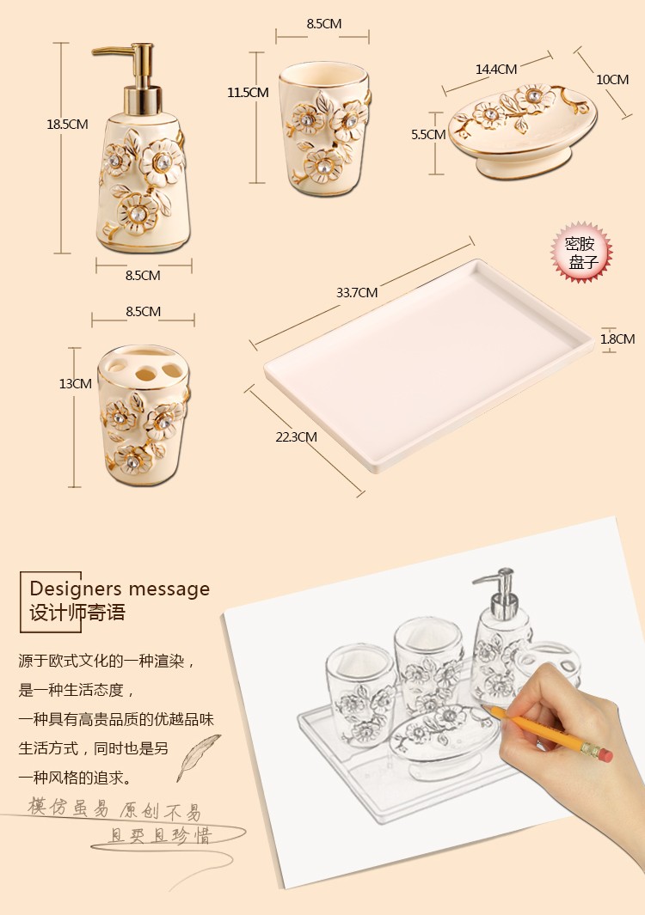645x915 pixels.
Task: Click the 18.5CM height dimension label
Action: (67, 125)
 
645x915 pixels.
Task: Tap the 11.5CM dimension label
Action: (248, 92)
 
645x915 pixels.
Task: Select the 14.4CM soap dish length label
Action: (496, 70)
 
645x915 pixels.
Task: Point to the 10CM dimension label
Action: (612, 79)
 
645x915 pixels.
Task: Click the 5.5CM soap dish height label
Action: (428, 134)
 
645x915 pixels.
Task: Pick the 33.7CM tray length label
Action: (357, 292)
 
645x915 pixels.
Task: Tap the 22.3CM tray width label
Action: (296, 436)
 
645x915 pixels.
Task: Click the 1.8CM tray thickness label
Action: (617, 339)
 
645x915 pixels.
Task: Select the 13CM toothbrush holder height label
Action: (76, 383)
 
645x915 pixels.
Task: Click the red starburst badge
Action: (581, 252)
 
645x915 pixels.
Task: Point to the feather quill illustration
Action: (199, 757)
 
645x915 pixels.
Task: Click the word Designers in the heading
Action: (76, 589)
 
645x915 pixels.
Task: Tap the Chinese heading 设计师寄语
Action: (77, 613)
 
